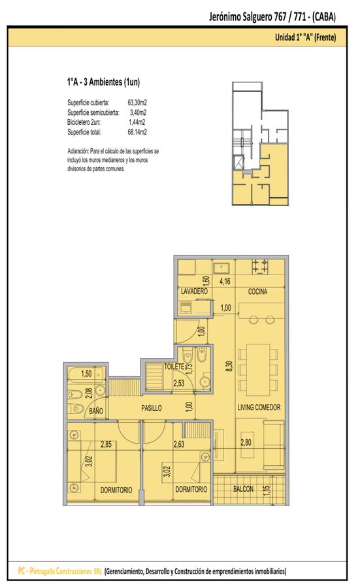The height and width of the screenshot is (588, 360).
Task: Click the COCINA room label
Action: (257, 291)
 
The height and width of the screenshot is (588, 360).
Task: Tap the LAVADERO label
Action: (194, 291)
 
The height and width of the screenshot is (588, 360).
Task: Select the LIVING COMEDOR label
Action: (259, 407)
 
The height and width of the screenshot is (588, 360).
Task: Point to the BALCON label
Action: (243, 489)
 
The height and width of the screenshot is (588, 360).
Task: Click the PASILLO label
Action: (152, 408)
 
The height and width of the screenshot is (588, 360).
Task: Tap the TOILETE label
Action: (174, 367)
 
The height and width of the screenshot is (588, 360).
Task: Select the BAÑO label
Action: (96, 411)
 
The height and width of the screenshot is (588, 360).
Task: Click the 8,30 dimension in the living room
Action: (229, 367)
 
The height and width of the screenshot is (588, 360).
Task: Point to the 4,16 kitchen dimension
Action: (225, 281)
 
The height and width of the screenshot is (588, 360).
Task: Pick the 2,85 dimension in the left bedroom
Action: (106, 444)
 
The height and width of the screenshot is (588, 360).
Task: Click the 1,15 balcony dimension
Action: (267, 490)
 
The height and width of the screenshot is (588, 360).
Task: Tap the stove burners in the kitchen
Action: (260, 267)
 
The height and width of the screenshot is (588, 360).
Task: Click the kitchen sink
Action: (221, 268)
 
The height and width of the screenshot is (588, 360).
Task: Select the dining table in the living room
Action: (258, 370)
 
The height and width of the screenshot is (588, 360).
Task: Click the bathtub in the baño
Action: (86, 374)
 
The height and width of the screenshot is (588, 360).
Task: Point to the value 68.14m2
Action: (137, 132)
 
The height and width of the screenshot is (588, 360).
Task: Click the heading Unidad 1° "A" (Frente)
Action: (305, 37)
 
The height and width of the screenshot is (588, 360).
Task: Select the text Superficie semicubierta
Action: (93, 112)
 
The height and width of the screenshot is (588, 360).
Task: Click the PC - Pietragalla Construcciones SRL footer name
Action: (60, 572)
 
